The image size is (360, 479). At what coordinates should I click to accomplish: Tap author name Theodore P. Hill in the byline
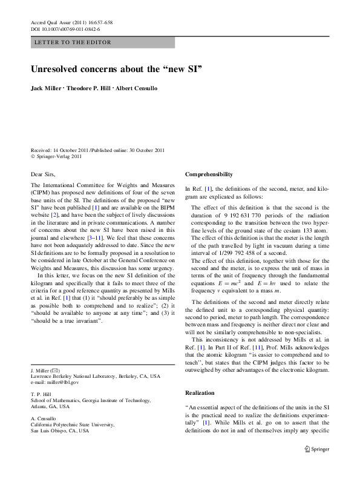coord(89,88)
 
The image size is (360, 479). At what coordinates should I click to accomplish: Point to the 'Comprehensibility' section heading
coord(209,174)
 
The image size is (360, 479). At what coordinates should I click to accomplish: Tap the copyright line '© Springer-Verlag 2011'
coord(56,156)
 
